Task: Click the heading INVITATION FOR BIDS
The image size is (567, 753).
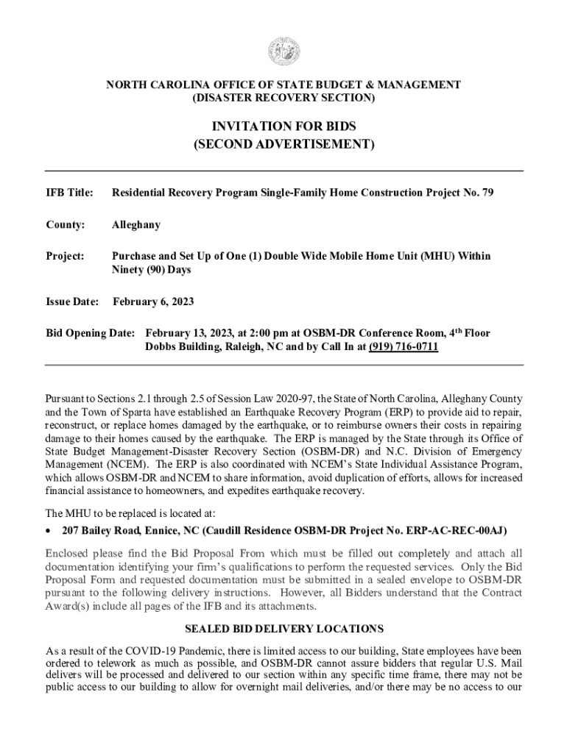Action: click(283, 127)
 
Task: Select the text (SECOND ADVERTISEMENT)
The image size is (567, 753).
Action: click(283, 145)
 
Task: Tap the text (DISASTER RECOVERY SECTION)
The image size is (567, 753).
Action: click(283, 98)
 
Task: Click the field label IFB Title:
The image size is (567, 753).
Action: click(69, 193)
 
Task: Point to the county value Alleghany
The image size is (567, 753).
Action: click(135, 225)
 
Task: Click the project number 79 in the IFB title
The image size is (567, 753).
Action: click(487, 193)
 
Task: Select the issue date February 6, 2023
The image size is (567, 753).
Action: click(153, 302)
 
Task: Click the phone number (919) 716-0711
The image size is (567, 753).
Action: click(404, 346)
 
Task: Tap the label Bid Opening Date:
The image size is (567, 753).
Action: click(90, 333)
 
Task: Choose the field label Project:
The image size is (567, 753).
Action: click(66, 257)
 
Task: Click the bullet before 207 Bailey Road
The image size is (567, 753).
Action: click(49, 531)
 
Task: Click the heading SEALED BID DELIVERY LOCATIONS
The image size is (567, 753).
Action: click(283, 629)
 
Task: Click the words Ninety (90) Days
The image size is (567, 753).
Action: click(151, 270)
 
